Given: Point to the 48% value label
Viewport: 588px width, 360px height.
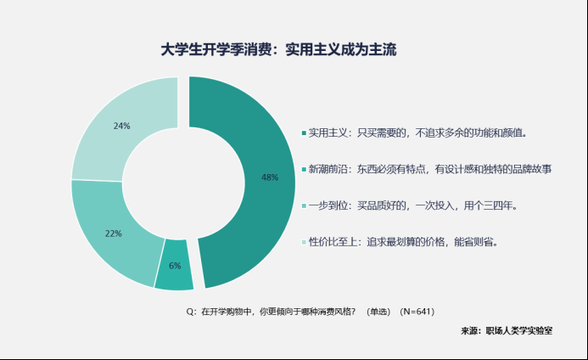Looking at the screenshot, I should point(270,177).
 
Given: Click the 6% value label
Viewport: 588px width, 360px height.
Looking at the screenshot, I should point(175,266).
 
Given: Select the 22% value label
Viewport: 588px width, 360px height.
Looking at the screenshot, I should point(113,233).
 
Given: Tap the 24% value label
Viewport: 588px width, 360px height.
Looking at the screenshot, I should point(121,126).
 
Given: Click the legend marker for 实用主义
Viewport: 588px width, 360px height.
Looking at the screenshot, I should point(304,133).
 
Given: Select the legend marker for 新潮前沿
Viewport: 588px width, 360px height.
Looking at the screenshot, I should point(304,170).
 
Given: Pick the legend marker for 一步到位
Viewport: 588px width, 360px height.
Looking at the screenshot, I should point(304,205).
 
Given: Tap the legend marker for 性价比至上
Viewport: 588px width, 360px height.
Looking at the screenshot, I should point(304,242).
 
